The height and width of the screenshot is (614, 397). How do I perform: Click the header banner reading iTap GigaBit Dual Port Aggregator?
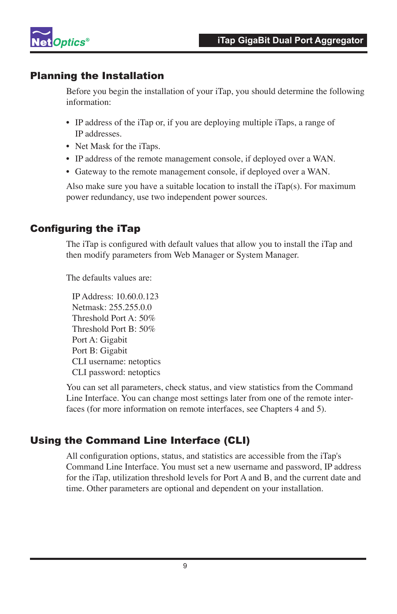coord(283,40)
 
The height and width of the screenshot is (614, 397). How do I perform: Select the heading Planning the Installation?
coord(97,76)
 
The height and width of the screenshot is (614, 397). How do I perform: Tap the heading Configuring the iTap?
coord(85,229)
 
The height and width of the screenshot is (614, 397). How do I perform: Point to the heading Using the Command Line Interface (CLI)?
coord(140,440)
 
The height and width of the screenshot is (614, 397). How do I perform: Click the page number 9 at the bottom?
coord(185,566)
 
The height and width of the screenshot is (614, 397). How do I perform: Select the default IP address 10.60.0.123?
coord(137,296)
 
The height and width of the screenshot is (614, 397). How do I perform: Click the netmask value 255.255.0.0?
coord(130,307)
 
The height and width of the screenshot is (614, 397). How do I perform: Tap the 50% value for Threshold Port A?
coord(147,318)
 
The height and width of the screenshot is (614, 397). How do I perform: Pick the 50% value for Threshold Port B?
coord(147,329)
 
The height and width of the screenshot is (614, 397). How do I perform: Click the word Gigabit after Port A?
coord(114,340)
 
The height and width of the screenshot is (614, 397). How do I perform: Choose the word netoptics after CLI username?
coord(144,361)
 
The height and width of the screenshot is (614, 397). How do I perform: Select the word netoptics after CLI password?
coord(144,372)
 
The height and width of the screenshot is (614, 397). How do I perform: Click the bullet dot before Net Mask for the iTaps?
coord(68,147)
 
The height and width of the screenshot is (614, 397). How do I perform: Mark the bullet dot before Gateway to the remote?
coord(68,172)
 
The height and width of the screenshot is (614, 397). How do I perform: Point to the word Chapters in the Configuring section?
coord(276,409)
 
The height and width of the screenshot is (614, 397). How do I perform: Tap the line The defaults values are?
coord(109,278)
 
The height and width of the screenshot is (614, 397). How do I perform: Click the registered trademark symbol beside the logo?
coord(88,40)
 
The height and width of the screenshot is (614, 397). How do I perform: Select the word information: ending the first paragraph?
coord(88,102)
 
